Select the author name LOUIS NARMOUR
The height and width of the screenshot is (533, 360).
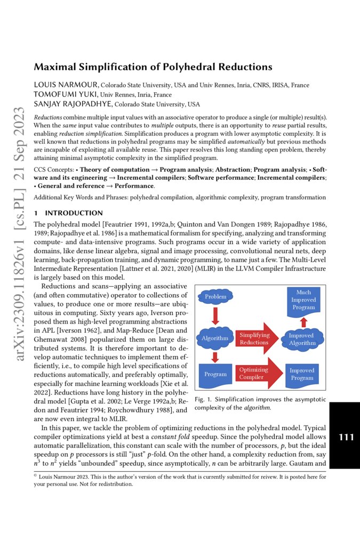pos(66,85)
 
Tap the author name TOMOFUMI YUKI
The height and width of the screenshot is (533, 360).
pos(63,94)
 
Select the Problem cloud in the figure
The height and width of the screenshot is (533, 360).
pos(215,296)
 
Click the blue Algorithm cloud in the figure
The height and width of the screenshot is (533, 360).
pos(215,338)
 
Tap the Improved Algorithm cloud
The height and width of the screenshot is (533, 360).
pos(302,339)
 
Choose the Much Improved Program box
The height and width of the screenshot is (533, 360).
pos(303,301)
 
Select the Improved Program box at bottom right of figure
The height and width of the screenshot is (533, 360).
pos(302,374)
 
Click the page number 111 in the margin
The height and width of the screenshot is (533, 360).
pos(346,437)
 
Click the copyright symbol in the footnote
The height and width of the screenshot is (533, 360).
pos(36,475)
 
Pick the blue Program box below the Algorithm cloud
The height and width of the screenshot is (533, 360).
pos(215,374)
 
